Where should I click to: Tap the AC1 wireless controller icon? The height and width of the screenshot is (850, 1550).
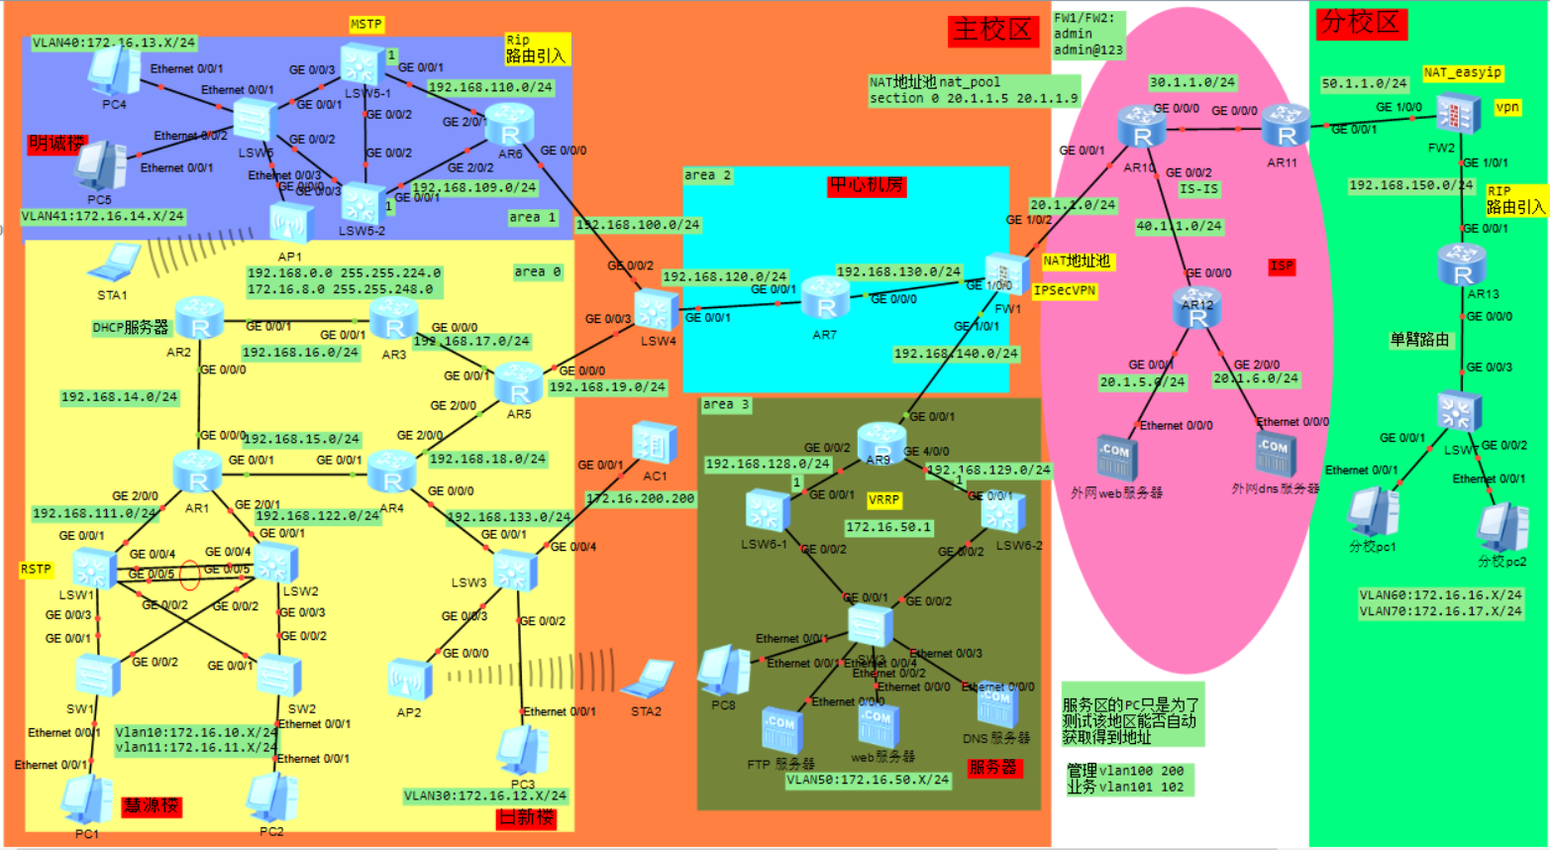click(654, 443)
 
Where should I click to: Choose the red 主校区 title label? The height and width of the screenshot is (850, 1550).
click(991, 30)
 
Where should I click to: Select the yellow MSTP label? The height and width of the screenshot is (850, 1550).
click(366, 24)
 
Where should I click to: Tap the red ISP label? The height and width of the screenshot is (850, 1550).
click(1282, 266)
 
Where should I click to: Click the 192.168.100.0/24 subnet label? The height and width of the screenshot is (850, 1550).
click(638, 225)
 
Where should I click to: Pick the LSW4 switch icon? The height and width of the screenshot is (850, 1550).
click(656, 310)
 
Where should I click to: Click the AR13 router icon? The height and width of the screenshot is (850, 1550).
click(1462, 265)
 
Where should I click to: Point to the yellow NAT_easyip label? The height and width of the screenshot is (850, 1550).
click(1463, 72)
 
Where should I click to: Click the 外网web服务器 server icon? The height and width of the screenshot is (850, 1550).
click(1116, 457)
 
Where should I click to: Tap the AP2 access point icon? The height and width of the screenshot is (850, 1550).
click(410, 680)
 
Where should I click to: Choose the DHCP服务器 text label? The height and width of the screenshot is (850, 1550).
click(131, 327)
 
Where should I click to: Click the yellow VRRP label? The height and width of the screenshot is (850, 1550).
click(883, 500)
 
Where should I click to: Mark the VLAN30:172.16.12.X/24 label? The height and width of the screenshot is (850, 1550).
click(485, 796)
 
